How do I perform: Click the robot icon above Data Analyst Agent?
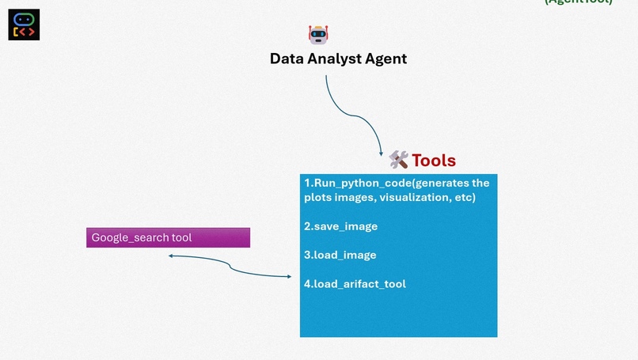point(318,34)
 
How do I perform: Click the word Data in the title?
point(287,59)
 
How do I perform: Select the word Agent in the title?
point(385,59)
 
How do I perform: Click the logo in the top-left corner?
point(24,25)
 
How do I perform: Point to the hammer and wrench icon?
point(398,160)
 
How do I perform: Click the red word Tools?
point(434,161)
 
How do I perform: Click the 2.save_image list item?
point(340,226)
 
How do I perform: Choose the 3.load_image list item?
point(340,255)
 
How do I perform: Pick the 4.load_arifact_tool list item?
point(355,283)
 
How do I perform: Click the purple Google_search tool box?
point(168,237)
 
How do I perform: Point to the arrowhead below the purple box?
point(171,256)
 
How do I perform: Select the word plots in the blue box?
point(320,197)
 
